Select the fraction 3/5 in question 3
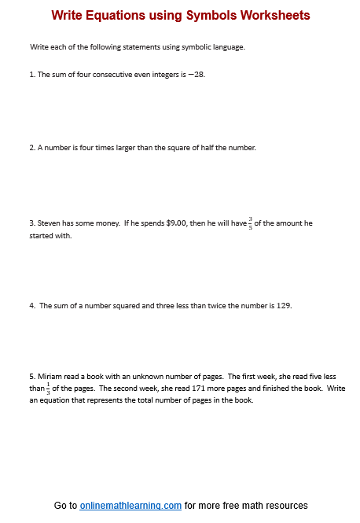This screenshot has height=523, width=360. pos(251,223)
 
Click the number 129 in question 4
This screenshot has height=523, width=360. pos(285,306)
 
